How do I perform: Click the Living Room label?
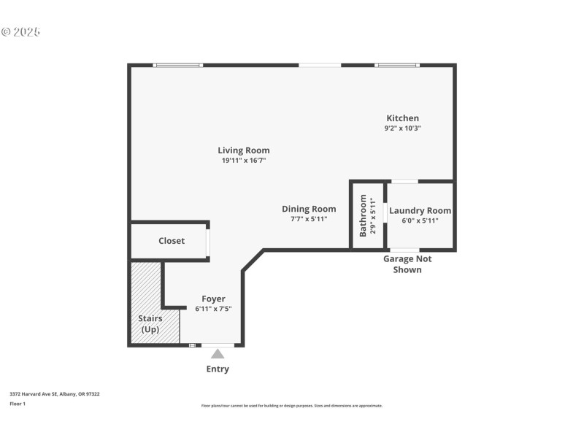coord(243,150)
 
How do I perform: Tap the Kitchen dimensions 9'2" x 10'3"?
coord(402,128)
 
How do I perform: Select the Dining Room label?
coord(309,209)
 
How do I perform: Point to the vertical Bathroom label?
coord(363,215)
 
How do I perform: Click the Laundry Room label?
coord(420,210)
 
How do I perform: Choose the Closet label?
coord(172,241)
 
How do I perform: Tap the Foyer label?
coord(213,299)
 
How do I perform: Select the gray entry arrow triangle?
coord(218,354)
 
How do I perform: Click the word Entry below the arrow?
coord(218,369)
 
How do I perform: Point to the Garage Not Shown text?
coord(407,264)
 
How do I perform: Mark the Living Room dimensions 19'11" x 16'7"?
coord(243,161)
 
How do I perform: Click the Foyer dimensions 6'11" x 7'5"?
coord(213,309)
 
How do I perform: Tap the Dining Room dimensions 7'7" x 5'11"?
coord(309,219)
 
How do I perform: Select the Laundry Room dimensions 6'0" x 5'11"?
coord(420,220)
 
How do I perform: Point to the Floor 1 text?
coord(18,403)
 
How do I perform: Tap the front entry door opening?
coord(218,345)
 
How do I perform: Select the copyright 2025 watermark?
coord(20,32)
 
